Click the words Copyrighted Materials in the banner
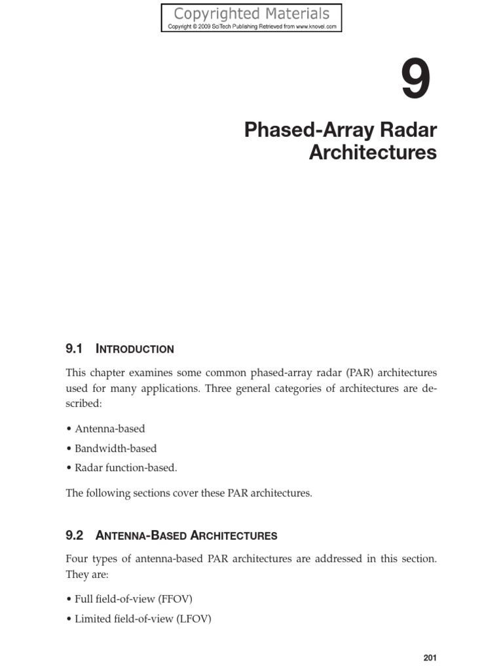(251, 13)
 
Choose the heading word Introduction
(135, 349)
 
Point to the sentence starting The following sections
(189, 493)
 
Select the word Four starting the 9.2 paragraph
(78, 559)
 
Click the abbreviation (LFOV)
(193, 619)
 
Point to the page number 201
(430, 658)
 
